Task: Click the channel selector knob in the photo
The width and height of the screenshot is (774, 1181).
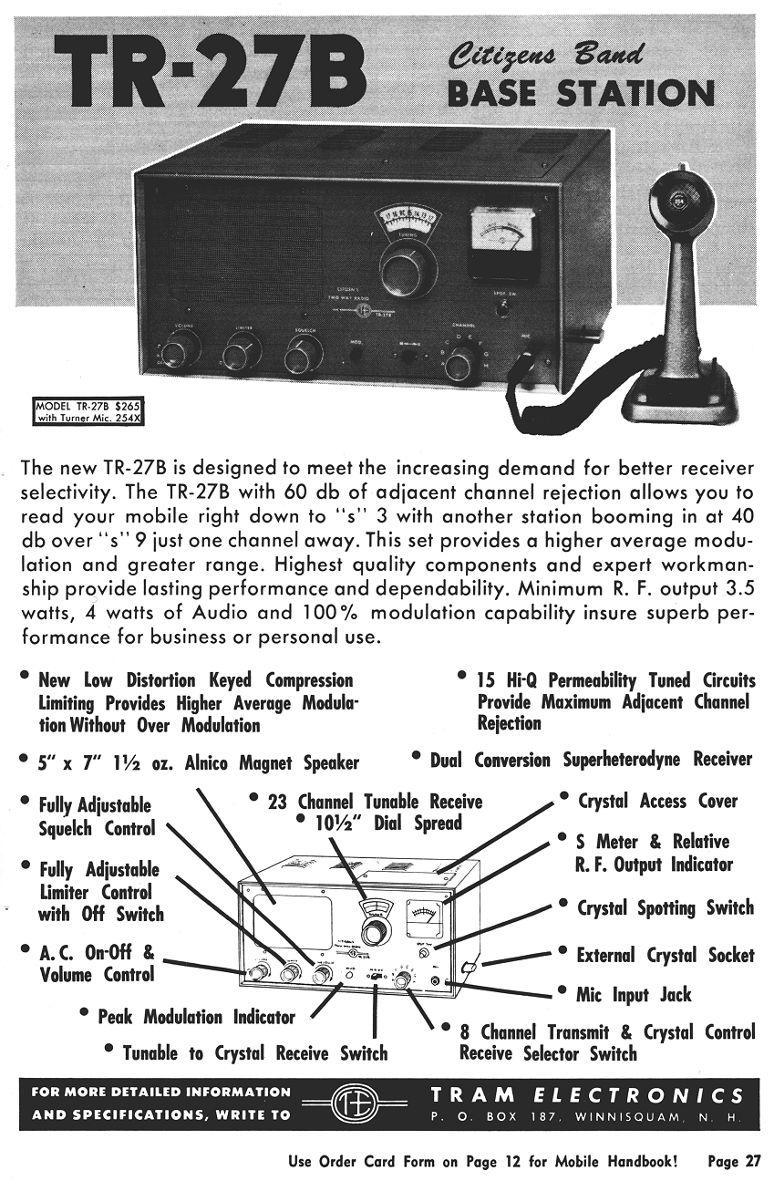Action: (x=458, y=365)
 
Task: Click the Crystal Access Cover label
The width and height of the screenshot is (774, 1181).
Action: (x=657, y=802)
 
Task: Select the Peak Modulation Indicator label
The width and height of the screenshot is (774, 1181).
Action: (x=196, y=1017)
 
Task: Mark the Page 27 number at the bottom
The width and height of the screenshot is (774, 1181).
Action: (x=733, y=1162)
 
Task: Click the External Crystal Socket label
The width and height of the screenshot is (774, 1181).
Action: (x=666, y=955)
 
